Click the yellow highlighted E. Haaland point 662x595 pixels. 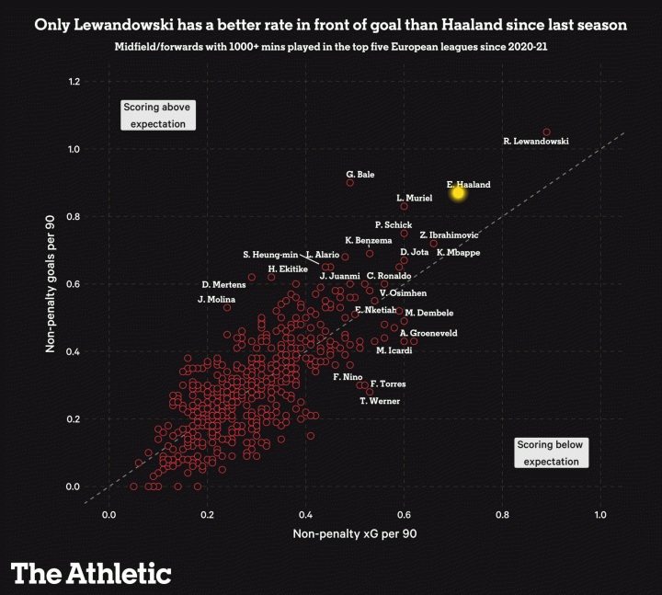click(458, 192)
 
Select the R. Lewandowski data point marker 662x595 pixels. click(547, 132)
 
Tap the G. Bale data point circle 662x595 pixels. click(350, 183)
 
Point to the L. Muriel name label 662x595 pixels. click(414, 198)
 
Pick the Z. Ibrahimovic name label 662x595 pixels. click(449, 235)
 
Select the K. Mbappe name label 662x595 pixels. click(458, 252)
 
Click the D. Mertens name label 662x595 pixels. click(223, 284)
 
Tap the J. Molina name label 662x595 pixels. click(216, 300)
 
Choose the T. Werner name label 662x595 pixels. click(380, 401)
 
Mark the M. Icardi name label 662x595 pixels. click(394, 350)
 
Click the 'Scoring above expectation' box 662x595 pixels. click(158, 115)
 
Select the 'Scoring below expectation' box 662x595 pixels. click(550, 452)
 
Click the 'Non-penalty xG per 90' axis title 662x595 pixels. click(355, 534)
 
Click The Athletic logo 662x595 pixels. click(91, 573)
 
